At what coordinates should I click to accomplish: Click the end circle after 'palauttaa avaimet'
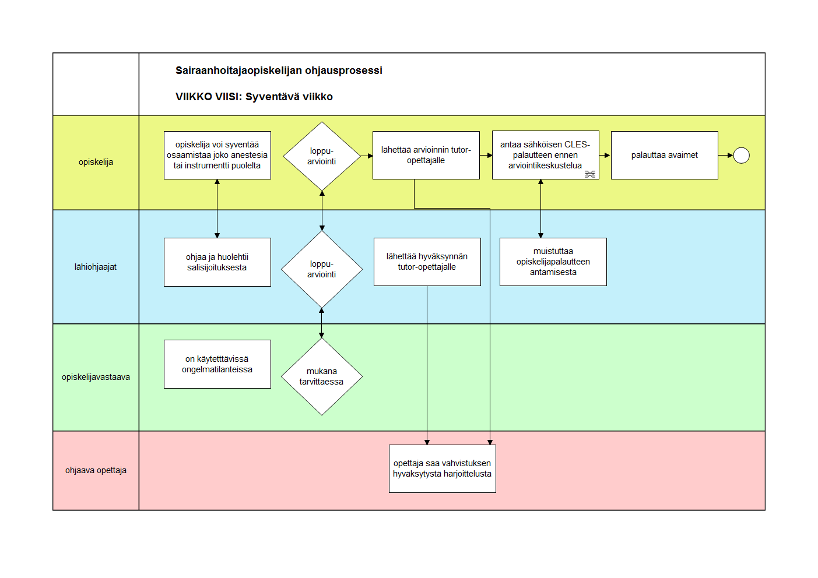(x=741, y=156)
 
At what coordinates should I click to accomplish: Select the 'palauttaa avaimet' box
(x=664, y=155)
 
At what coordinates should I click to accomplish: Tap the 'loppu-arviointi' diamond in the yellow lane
(x=322, y=156)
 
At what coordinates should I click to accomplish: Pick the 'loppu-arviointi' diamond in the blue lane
(x=322, y=269)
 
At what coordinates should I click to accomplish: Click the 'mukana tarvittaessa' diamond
(x=322, y=376)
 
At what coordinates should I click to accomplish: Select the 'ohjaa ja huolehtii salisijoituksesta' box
(x=217, y=262)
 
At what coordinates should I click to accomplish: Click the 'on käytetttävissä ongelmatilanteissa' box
(x=217, y=364)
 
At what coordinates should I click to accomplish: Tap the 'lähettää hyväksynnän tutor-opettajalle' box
(x=427, y=262)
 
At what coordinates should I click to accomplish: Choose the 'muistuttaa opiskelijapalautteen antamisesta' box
(x=553, y=262)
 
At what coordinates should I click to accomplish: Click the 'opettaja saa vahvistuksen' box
(x=442, y=468)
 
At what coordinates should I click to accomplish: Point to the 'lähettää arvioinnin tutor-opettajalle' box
(x=426, y=155)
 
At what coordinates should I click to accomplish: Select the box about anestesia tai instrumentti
(x=217, y=155)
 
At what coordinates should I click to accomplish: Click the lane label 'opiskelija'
(x=96, y=162)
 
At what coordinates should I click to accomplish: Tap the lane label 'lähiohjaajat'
(x=95, y=267)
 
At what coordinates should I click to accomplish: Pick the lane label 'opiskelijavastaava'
(x=96, y=377)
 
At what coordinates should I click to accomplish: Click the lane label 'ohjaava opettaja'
(x=96, y=470)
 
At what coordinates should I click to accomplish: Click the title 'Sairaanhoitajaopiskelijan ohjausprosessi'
(x=279, y=71)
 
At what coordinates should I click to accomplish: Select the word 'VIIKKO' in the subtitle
(x=194, y=97)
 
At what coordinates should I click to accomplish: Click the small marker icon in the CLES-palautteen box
(x=590, y=174)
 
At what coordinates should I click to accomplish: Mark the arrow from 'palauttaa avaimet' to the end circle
(x=726, y=156)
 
